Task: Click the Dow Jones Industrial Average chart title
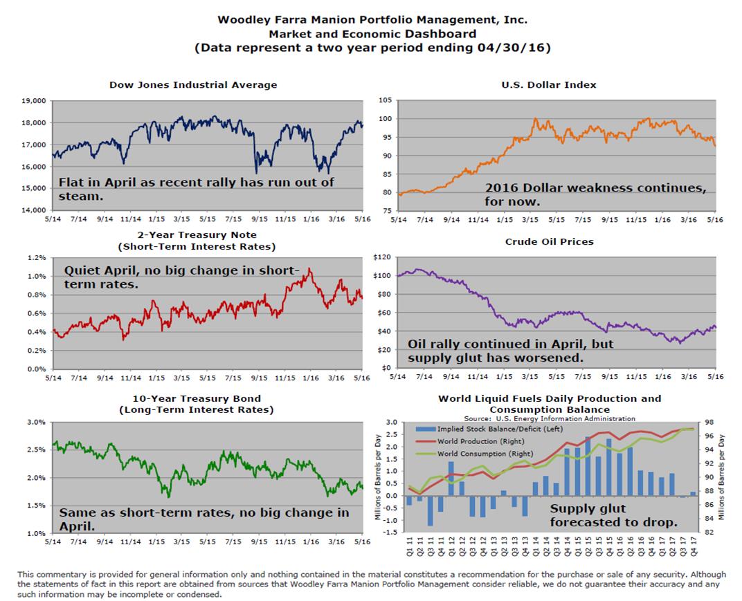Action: click(x=193, y=85)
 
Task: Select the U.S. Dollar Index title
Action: click(x=549, y=84)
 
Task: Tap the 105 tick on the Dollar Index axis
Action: click(x=385, y=100)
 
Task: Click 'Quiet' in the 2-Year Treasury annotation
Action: click(x=81, y=271)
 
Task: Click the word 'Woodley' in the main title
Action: click(x=240, y=19)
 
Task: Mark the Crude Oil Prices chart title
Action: click(x=549, y=241)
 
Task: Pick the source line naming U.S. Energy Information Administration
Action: click(x=549, y=418)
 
